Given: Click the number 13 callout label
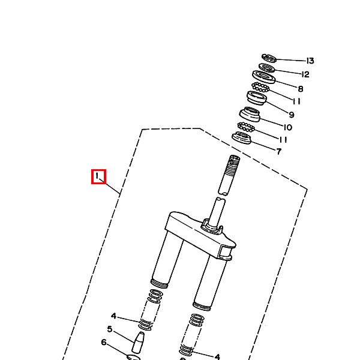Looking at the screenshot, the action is [310, 61].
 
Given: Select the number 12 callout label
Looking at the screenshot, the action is [305, 74].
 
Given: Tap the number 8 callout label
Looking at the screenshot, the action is [301, 88].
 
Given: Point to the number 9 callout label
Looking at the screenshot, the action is [291, 115].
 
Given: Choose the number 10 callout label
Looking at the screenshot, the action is [287, 127].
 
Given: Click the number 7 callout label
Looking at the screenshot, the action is [278, 151].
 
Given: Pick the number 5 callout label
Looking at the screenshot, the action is [110, 329].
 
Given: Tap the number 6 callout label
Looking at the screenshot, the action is [103, 343].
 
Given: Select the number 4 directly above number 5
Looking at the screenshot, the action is [113, 316].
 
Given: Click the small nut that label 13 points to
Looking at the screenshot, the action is [269, 58].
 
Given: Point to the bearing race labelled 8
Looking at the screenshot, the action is [263, 76].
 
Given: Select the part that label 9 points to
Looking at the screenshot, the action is [257, 98].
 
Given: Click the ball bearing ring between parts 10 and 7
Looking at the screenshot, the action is [246, 127].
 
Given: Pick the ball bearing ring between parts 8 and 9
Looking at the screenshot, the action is [260, 88].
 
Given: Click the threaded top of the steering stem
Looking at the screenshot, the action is [233, 163].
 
